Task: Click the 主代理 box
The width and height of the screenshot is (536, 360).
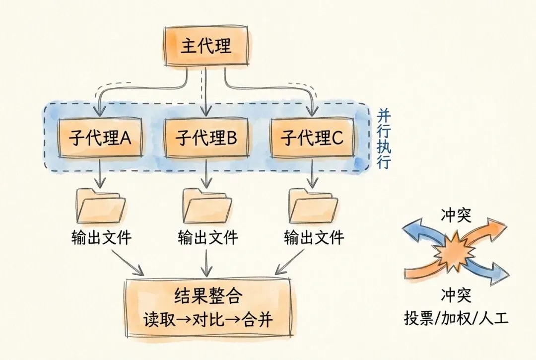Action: [x=205, y=46]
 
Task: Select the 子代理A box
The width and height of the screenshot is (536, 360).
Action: [x=101, y=138]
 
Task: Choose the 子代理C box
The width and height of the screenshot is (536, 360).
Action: [x=312, y=138]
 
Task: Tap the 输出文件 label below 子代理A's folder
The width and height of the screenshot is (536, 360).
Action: [x=101, y=237]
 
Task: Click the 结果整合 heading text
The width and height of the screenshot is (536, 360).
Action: [x=208, y=296]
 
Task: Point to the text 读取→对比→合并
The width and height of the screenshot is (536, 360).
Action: [x=208, y=319]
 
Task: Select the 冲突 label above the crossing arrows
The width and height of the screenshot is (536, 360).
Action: [x=456, y=216]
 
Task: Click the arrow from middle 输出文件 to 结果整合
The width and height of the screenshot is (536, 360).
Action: [x=206, y=262]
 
